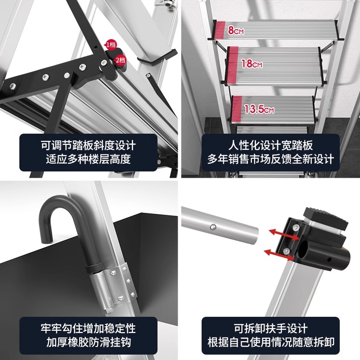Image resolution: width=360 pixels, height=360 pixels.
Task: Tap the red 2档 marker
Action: (120, 59)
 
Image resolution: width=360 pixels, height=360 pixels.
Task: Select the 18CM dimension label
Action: (252, 64)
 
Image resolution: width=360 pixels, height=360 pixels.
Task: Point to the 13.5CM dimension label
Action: (259, 109)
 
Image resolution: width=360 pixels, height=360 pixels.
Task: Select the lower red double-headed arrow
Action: (277, 252)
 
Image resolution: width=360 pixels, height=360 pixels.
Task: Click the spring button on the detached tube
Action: (214, 226)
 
